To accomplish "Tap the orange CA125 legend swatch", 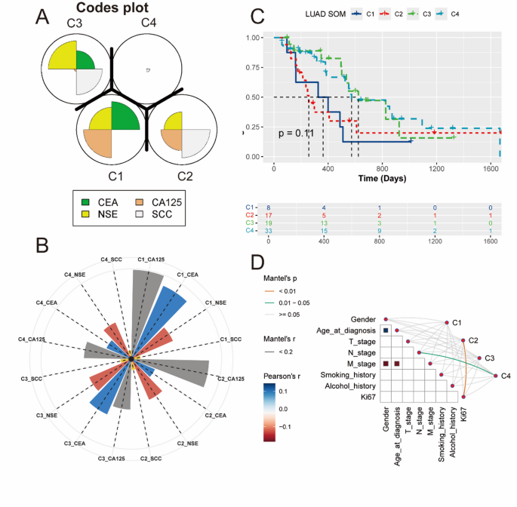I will [141, 201].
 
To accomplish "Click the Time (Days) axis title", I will [383, 178].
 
